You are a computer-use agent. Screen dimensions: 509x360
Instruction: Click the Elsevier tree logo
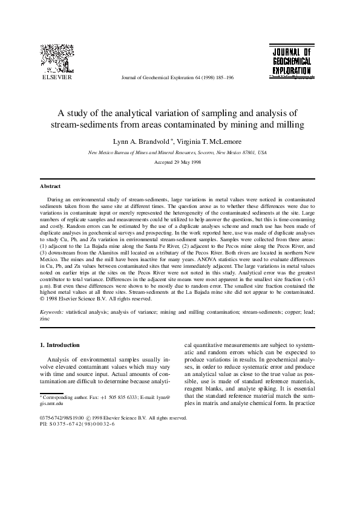point(57,59)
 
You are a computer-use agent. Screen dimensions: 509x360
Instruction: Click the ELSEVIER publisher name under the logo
point(56,78)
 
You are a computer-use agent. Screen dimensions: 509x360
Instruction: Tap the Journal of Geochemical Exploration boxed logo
point(291,61)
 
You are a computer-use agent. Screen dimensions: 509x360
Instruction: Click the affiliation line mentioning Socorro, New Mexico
point(177,153)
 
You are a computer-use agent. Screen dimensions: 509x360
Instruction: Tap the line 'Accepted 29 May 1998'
point(177,164)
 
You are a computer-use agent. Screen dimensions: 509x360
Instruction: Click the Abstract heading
point(50,186)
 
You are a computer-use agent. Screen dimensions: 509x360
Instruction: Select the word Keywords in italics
point(51,311)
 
